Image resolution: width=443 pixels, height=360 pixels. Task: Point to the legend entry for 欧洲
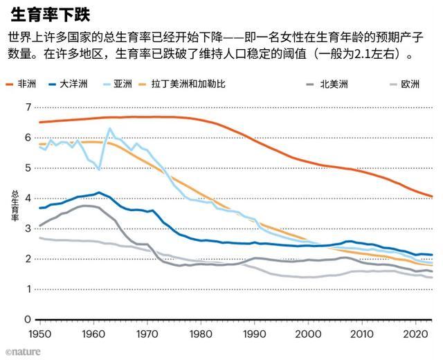pos(408,84)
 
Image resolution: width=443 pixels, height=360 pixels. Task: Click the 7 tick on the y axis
pos(28,107)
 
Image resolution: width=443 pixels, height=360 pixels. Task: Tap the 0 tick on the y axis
pos(28,320)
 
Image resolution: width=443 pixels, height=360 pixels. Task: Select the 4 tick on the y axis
pos(28,198)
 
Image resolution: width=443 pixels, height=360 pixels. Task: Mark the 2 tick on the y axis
pos(28,259)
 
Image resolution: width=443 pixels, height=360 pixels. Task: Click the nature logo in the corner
pos(21,352)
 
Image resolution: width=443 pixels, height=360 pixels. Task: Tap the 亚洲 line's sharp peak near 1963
pos(109,129)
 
